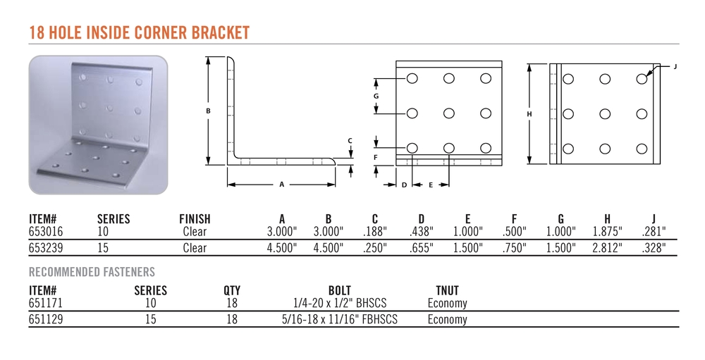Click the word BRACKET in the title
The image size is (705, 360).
[220, 33]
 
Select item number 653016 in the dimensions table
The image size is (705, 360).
[46, 232]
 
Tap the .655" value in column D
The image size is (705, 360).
[422, 248]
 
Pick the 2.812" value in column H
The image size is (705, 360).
[608, 248]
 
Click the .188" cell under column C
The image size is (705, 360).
[375, 232]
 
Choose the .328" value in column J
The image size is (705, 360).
[654, 248]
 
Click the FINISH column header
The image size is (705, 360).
[195, 219]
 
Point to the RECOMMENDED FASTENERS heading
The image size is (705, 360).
[92, 272]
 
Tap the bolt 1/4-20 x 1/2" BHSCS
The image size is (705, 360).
[340, 303]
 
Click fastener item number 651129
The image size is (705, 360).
[46, 319]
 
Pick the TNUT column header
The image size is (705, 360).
[448, 290]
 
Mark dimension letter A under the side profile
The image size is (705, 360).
[282, 185]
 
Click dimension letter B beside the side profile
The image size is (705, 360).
[208, 111]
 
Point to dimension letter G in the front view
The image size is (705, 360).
[376, 96]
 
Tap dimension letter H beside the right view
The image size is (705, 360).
[529, 114]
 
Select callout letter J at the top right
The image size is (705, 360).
[675, 66]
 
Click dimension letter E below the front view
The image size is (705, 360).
[430, 185]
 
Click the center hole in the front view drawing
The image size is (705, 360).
[448, 113]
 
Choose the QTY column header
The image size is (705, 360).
[232, 290]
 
